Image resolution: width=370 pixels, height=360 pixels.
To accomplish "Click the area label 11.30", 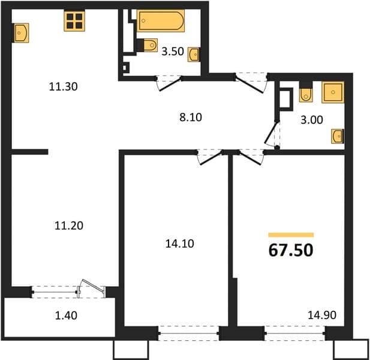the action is click(63, 86).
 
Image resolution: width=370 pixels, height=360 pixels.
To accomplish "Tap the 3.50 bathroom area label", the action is click(173, 52).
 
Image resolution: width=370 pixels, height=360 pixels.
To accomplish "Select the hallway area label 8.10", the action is click(191, 118).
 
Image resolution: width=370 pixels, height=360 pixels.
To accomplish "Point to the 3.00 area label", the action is click(312, 120).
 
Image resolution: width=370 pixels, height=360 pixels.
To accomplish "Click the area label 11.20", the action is click(69, 226).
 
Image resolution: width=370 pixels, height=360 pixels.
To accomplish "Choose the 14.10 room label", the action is click(180, 244).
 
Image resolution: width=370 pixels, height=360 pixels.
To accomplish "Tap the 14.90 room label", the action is click(322, 315).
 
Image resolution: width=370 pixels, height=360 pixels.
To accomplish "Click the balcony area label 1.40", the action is click(66, 316).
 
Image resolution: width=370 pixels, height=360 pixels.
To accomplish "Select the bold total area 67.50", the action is click(291, 250).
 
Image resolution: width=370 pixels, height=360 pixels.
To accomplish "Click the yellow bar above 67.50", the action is click(291, 235).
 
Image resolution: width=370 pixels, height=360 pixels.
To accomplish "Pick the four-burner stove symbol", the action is click(74, 21).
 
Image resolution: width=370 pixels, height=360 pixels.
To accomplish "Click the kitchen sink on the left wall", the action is click(21, 33).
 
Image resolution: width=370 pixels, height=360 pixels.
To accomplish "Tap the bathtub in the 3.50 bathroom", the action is click(161, 21).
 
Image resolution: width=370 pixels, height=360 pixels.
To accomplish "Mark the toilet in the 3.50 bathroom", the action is click(148, 45).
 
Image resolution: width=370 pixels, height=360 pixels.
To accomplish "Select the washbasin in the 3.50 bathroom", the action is click(194, 55).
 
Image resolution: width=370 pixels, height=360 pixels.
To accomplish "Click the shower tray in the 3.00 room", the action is click(333, 92).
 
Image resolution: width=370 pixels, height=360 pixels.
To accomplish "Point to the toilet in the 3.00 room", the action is click(306, 92).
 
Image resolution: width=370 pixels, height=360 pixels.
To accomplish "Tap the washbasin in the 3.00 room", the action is click(338, 136).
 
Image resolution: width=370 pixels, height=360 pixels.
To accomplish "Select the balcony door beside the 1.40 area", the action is click(92, 288).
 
